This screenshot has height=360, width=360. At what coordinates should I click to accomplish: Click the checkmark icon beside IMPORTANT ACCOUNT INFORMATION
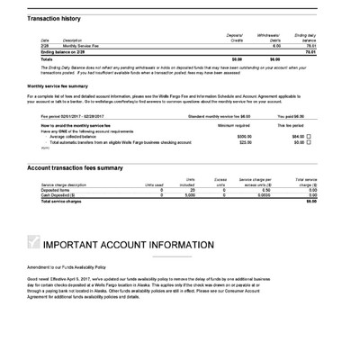[x=35, y=241]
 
